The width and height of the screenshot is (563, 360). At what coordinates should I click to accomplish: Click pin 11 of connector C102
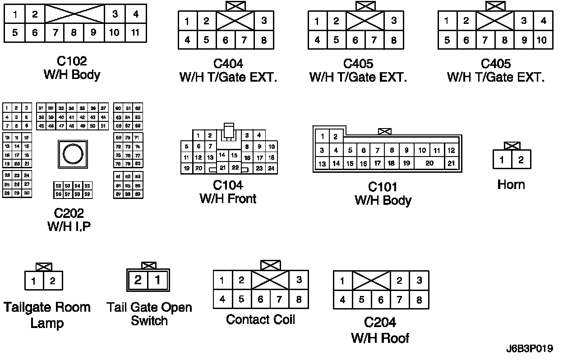[x=135, y=33]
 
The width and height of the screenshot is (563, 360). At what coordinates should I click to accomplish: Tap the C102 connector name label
[x=72, y=61]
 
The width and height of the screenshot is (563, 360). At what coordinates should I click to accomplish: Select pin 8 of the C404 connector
[x=264, y=40]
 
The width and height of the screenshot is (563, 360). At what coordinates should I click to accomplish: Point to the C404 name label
[x=228, y=64]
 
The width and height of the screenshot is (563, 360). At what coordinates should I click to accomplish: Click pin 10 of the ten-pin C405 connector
[x=541, y=40]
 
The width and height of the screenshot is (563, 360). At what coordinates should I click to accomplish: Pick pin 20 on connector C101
[x=429, y=163]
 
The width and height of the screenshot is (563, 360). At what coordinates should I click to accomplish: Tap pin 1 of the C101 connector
[x=322, y=137]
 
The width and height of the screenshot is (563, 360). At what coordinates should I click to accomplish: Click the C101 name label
[x=383, y=187]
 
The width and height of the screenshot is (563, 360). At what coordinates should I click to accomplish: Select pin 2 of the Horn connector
[x=521, y=159]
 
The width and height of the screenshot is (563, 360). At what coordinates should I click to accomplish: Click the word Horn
[x=511, y=185]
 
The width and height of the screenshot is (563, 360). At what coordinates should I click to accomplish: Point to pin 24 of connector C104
[x=271, y=169]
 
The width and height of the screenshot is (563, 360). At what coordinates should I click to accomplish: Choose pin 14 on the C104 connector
[x=222, y=155]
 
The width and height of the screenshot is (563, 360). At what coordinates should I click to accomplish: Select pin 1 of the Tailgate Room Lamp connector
[x=34, y=282]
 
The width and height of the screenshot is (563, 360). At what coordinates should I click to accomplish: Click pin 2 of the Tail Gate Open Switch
[x=138, y=280]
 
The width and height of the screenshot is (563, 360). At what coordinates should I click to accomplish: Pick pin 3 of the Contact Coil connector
[x=299, y=280]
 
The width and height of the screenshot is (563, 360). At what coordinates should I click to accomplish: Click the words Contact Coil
[x=260, y=320]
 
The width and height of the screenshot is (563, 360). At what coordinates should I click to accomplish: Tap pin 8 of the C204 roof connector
[x=419, y=300]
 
